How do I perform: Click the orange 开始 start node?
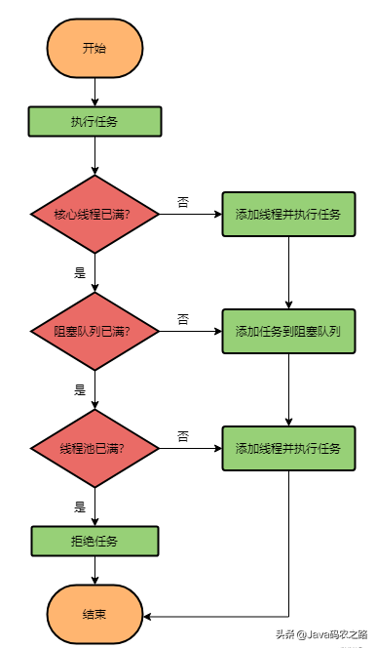click(94, 48)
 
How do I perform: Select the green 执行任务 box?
click(94, 122)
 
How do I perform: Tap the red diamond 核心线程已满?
click(94, 214)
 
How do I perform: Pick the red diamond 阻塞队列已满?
click(94, 331)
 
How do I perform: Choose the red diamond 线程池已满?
click(94, 448)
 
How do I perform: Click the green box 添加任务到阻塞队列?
click(287, 331)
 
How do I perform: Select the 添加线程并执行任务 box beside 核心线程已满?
click(287, 214)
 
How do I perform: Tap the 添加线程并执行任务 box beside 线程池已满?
click(287, 448)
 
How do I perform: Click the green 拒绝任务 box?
click(94, 541)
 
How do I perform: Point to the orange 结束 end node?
click(94, 615)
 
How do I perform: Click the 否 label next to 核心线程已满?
click(182, 202)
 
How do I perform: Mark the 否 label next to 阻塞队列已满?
click(182, 319)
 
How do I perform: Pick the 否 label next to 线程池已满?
click(182, 435)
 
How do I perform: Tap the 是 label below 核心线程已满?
click(80, 272)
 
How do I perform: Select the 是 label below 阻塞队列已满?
click(80, 389)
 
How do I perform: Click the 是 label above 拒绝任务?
click(80, 506)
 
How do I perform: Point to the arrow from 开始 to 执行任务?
click(94, 92)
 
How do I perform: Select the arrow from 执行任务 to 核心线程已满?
click(94, 155)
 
